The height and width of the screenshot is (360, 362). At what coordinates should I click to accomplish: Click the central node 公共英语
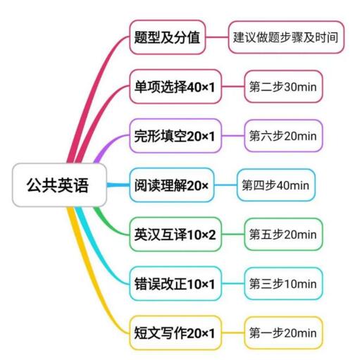(x=59, y=185)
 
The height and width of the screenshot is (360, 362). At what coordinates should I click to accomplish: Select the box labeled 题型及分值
(x=168, y=37)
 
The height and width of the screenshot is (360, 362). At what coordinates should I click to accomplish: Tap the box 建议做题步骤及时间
(x=286, y=37)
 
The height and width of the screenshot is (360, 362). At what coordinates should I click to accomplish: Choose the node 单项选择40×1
(x=175, y=87)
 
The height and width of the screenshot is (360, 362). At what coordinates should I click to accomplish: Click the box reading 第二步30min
(x=283, y=87)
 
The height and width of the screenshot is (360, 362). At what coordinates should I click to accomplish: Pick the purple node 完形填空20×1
(x=175, y=136)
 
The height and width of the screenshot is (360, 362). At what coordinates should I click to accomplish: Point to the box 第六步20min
(x=283, y=136)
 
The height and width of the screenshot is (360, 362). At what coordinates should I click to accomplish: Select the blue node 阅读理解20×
(x=172, y=185)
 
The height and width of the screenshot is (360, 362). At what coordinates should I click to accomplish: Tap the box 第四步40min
(x=276, y=185)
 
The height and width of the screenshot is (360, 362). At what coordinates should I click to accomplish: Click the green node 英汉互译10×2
(x=175, y=235)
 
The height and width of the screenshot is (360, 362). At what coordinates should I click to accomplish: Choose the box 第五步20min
(x=283, y=235)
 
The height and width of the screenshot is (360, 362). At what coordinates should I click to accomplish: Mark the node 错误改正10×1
(x=175, y=284)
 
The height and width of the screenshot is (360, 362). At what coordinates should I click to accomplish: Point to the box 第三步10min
(x=283, y=284)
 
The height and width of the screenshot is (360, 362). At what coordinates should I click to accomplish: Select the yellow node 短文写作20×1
(x=175, y=333)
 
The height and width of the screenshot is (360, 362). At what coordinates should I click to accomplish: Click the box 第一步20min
(x=283, y=333)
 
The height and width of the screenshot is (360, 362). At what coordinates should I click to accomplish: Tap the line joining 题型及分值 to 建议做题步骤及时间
(x=217, y=37)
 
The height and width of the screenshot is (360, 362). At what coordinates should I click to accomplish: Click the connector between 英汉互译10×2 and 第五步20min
(x=233, y=235)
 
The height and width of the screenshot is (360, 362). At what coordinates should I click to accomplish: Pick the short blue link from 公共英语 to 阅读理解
(x=118, y=185)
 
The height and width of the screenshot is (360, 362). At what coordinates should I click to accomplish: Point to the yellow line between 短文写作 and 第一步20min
(x=233, y=333)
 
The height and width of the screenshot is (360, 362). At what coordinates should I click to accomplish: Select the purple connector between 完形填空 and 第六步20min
(x=233, y=136)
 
